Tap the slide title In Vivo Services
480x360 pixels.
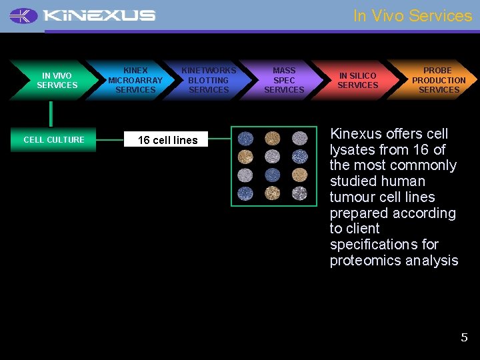click(412, 15)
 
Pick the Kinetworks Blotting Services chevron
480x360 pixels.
click(208, 80)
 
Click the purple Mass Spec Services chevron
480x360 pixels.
click(284, 80)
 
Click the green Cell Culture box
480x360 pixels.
click(53, 139)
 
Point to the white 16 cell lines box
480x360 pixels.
click(167, 140)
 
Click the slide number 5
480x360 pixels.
click(464, 337)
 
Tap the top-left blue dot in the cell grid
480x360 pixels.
click(246, 139)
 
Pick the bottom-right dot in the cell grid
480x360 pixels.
click(299, 193)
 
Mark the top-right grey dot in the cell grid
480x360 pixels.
click(299, 139)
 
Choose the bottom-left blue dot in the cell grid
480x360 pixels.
click(246, 193)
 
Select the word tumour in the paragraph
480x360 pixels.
click(352, 197)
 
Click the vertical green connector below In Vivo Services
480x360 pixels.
click(51, 114)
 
